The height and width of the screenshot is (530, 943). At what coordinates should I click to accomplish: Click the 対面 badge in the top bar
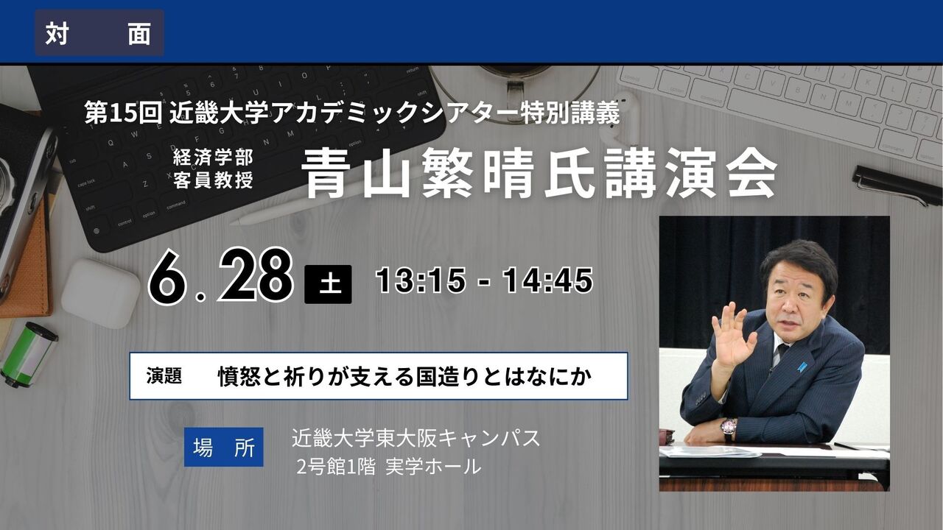pyautogui.click(x=99, y=34)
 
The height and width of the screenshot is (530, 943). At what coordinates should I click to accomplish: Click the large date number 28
pyautogui.click(x=256, y=275)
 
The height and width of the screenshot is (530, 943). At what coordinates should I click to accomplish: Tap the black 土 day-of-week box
pyautogui.click(x=328, y=284)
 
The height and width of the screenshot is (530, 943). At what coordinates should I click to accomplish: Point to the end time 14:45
pyautogui.click(x=547, y=280)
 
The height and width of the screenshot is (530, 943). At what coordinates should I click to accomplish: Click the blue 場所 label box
pyautogui.click(x=223, y=447)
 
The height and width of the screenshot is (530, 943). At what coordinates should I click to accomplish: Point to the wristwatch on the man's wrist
pyautogui.click(x=729, y=428)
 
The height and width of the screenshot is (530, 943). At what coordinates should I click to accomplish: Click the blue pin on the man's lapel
pyautogui.click(x=803, y=366)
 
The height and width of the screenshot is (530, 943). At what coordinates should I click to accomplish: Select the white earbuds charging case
pyautogui.click(x=100, y=292)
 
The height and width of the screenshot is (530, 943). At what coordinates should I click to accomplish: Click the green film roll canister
pyautogui.click(x=29, y=354)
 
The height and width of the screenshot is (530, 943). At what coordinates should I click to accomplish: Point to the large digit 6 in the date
pyautogui.click(x=166, y=278)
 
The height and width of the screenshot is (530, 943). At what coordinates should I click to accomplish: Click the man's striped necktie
pyautogui.click(x=777, y=354)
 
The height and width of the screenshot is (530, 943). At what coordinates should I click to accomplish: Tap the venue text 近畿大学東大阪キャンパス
pyautogui.click(x=416, y=439)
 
